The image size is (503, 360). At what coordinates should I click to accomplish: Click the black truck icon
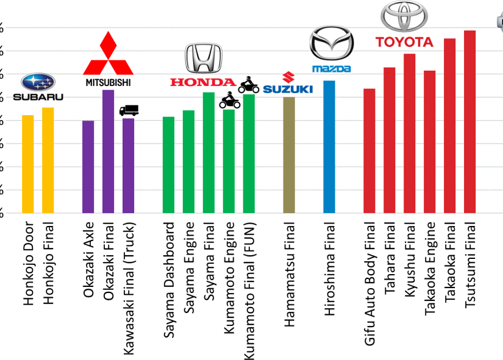tap(129, 110)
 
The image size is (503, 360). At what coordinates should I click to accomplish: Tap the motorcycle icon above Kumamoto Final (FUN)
tap(249, 86)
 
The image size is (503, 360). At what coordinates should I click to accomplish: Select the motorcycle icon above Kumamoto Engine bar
tap(229, 100)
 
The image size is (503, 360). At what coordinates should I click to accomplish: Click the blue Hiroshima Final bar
tap(329, 147)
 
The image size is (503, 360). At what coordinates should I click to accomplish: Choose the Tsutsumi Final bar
tap(469, 122)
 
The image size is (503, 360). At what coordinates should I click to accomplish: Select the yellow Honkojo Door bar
tap(28, 164)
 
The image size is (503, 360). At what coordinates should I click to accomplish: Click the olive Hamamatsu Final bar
tap(289, 155)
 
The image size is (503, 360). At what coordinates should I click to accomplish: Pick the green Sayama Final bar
tap(209, 152)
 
